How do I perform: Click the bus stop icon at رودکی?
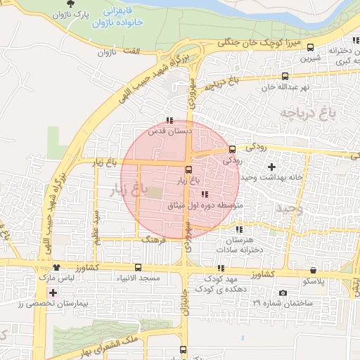click(x=233, y=148)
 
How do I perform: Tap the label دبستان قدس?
click(x=166, y=131)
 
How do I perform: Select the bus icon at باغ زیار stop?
click(x=188, y=169)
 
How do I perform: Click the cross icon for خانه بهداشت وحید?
click(x=272, y=167)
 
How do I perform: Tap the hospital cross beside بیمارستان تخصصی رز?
click(x=53, y=291)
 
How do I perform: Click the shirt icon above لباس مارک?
click(x=56, y=268)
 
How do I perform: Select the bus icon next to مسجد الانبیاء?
click(x=138, y=268)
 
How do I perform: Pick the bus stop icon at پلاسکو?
click(x=314, y=270)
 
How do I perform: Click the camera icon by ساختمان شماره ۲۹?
click(x=283, y=292)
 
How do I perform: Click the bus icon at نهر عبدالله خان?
click(x=285, y=77)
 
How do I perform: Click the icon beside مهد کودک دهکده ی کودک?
click(x=221, y=268)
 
